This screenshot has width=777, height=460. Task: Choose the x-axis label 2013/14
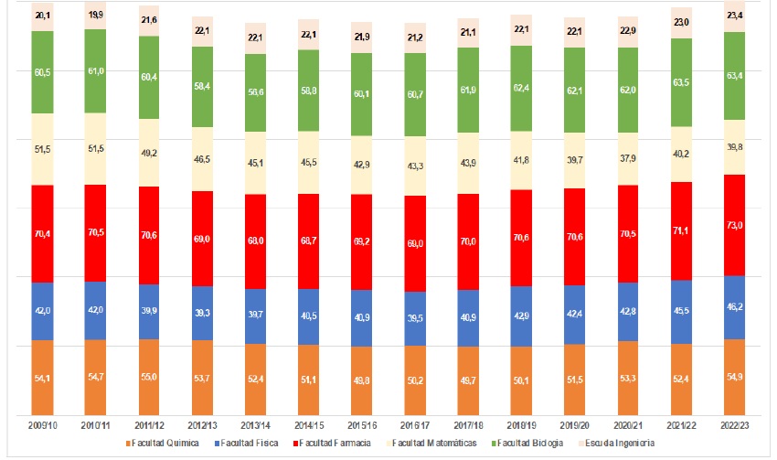[255, 426]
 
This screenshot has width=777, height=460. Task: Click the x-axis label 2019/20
[575, 426]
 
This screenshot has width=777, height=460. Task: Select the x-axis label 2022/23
[735, 426]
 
